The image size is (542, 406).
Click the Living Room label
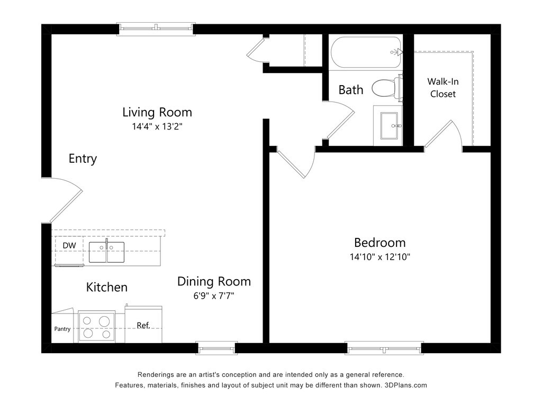point(157,112)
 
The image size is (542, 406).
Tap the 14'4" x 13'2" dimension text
point(157,126)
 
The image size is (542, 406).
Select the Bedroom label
point(380,242)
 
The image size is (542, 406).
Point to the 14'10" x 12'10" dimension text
point(380,257)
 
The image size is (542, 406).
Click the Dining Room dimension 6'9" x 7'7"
point(214,296)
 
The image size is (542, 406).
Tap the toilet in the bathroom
point(387,88)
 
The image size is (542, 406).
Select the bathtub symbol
point(367,52)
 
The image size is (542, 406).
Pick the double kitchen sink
point(106,252)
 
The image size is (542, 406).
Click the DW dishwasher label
point(69,245)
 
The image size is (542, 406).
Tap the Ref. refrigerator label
point(143,325)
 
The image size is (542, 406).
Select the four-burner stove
point(97,327)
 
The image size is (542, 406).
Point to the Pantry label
point(62,329)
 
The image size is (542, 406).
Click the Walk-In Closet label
point(443,88)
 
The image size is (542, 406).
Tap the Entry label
point(83,159)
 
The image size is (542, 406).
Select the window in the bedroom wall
point(384,348)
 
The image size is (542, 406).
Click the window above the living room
point(156,29)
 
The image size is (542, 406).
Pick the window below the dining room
point(216,348)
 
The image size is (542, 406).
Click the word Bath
point(351,90)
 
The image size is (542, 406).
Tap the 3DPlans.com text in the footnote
point(405,385)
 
